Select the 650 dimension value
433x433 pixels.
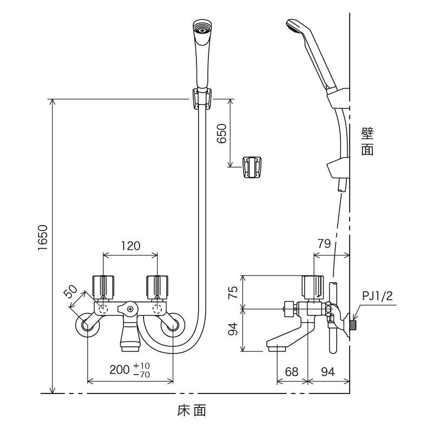tap(222, 133)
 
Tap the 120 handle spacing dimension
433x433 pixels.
tap(130, 246)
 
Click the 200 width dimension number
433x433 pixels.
tap(120, 370)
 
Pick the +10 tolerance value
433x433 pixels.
tap(142, 366)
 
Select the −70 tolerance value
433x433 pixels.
tap(142, 375)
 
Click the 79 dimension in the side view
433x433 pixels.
tap(324, 244)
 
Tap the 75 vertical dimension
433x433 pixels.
tap(233, 292)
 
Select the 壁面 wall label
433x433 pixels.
tap(368, 142)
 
